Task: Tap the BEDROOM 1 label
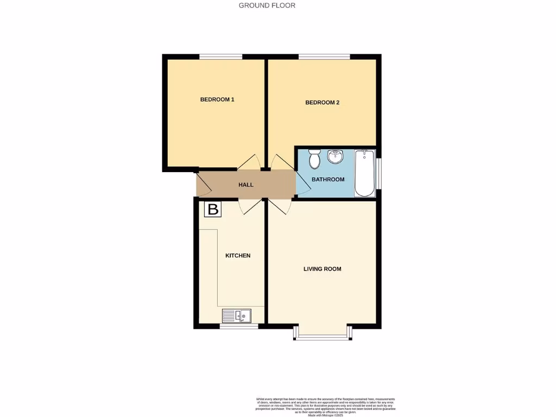tap(217, 99)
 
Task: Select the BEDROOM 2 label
tap(322, 102)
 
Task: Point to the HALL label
tap(246, 185)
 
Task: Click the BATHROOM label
tap(328, 180)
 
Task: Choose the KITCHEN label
tap(238, 255)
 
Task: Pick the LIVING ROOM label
tap(322, 269)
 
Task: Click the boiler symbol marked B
tap(213, 209)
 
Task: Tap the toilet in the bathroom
tap(314, 159)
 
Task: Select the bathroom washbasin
tap(335, 157)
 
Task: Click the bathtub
tap(364, 173)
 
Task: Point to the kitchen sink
tap(235, 315)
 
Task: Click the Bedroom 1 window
tap(220, 56)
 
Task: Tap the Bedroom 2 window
tap(324, 56)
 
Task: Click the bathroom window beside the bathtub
tap(379, 173)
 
